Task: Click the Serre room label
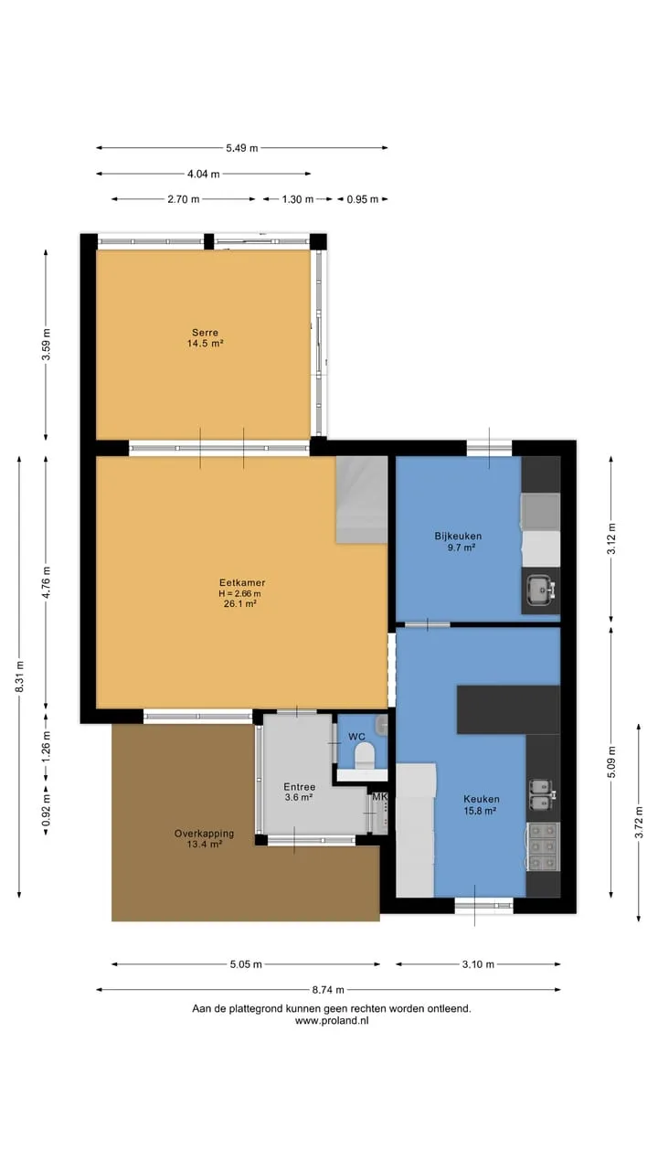pyautogui.click(x=206, y=332)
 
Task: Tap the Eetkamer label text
pyautogui.click(x=242, y=582)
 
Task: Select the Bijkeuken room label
pyautogui.click(x=458, y=536)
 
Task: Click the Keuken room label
pyautogui.click(x=482, y=799)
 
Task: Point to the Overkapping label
pyautogui.click(x=204, y=834)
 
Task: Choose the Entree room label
pyautogui.click(x=299, y=787)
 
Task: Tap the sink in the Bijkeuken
pyautogui.click(x=540, y=590)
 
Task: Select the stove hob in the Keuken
pyautogui.click(x=543, y=846)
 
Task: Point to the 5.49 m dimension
pyautogui.click(x=242, y=148)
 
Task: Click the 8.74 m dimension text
pyautogui.click(x=328, y=989)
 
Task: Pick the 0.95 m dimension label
pyautogui.click(x=363, y=199)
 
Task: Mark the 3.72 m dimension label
pyautogui.click(x=639, y=822)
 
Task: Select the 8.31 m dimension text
pyautogui.click(x=19, y=676)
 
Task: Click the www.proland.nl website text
pyautogui.click(x=332, y=1020)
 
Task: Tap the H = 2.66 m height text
pyautogui.click(x=239, y=593)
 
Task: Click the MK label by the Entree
pyautogui.click(x=379, y=797)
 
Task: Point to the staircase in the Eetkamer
pyautogui.click(x=361, y=500)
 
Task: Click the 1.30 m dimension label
pyautogui.click(x=298, y=199)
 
